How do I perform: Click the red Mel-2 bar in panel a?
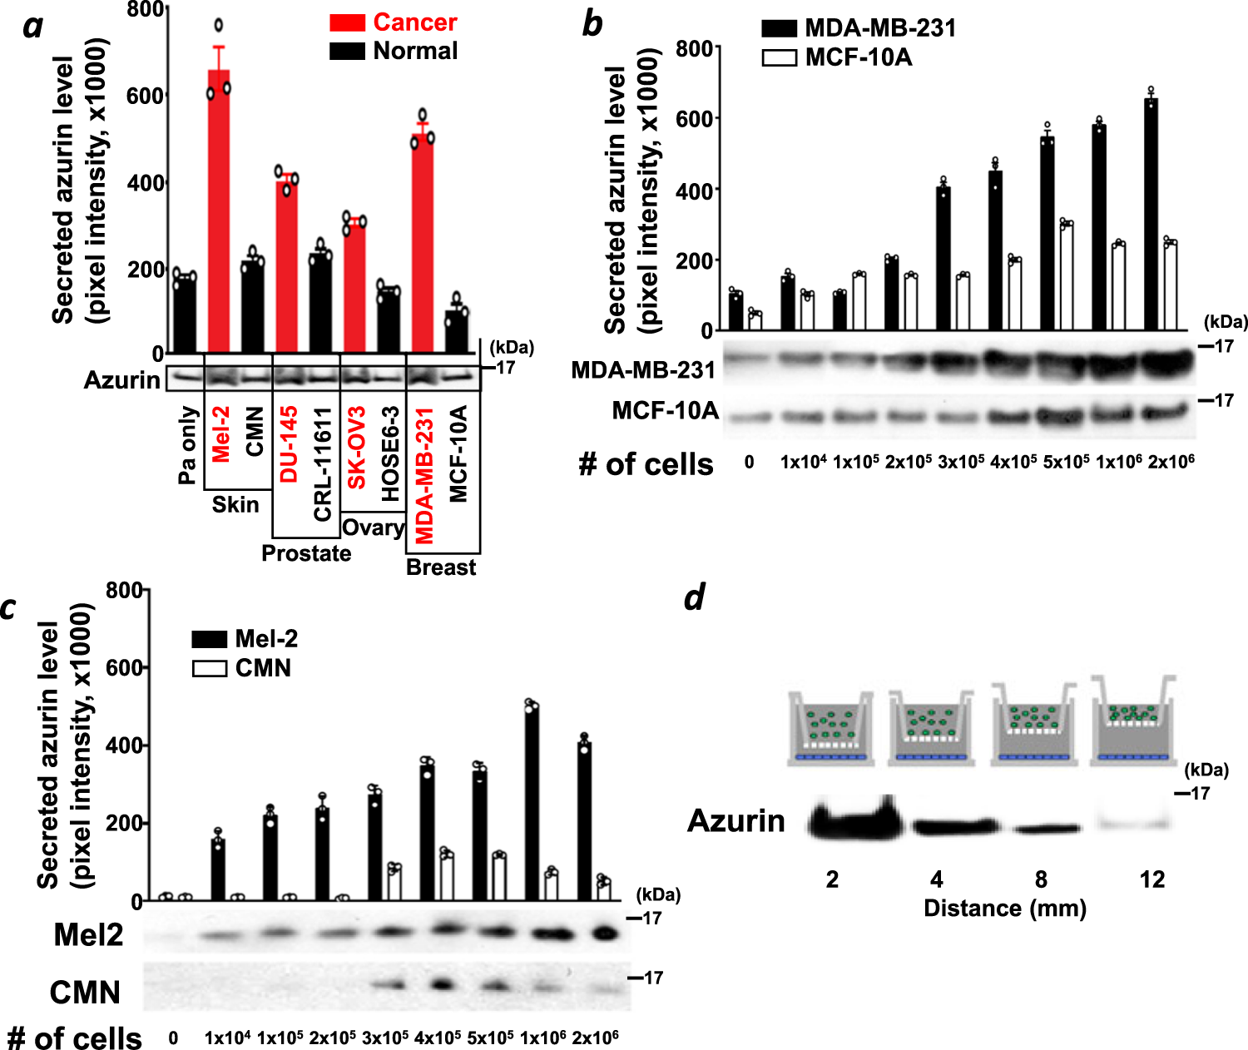point(219,212)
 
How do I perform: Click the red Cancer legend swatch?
point(347,22)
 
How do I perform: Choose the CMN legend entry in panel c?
point(242,668)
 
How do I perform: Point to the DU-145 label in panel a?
point(288,444)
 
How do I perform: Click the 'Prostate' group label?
point(306,553)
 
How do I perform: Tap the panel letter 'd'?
point(695,597)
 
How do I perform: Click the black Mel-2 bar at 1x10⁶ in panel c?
point(531,804)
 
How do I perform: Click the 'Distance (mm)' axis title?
point(1005,908)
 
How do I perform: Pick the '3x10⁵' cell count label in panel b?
point(961,462)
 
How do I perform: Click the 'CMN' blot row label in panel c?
point(85,993)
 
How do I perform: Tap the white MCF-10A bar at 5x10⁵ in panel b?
point(1066,276)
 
